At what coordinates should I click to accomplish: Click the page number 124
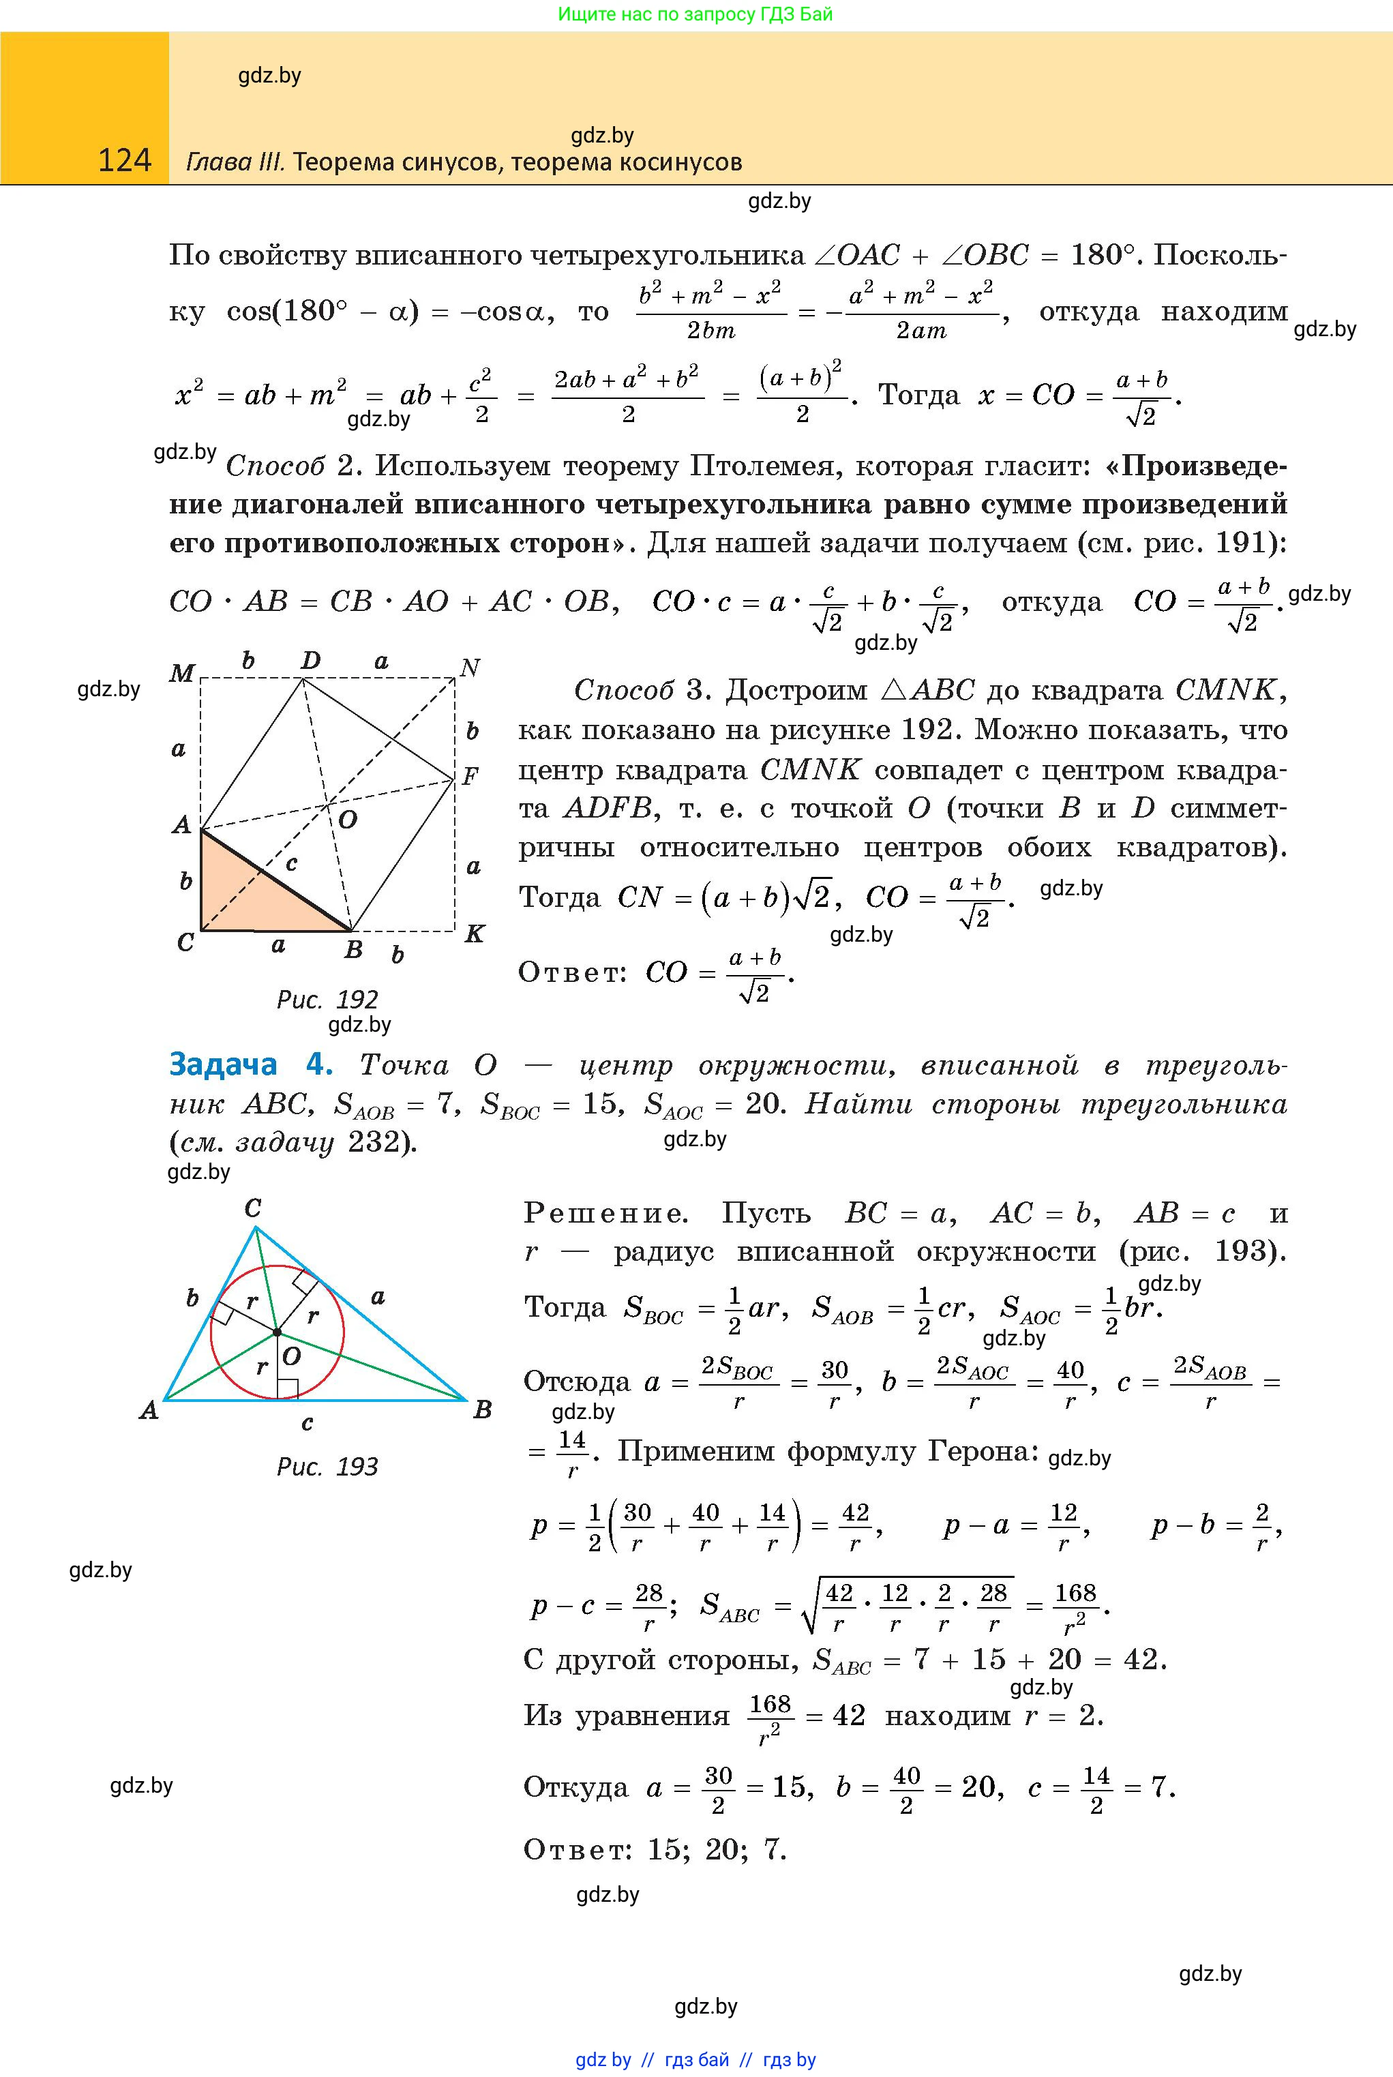[x=124, y=160]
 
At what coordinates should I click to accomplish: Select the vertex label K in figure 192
[x=475, y=933]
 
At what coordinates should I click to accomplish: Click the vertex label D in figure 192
[x=310, y=660]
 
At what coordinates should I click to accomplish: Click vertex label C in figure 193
[x=252, y=1208]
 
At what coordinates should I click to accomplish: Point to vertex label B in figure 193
[x=482, y=1410]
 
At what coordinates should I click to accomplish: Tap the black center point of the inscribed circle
[x=276, y=1332]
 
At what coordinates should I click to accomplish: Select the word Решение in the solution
[x=605, y=1214]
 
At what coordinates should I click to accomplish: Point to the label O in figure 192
[x=347, y=820]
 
